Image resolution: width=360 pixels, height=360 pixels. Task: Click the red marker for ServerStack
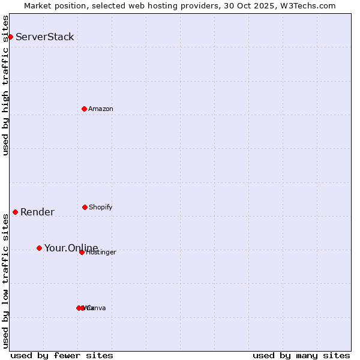(10, 37)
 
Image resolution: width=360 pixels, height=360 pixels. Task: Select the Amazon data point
(84, 109)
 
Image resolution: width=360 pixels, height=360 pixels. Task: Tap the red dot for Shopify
(85, 207)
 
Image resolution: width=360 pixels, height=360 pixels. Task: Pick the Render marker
(15, 212)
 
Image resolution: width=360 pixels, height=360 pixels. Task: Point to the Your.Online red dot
(39, 248)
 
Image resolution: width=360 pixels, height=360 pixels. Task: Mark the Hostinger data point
(82, 252)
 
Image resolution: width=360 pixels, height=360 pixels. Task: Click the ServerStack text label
(45, 37)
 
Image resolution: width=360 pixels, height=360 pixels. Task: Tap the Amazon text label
(101, 109)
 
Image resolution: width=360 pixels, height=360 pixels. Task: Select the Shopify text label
(101, 207)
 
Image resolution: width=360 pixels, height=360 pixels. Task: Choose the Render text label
(37, 212)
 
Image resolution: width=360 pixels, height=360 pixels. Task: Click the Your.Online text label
(71, 248)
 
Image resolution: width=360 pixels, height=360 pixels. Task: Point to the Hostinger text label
(101, 253)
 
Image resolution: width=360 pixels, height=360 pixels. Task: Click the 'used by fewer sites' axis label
(62, 355)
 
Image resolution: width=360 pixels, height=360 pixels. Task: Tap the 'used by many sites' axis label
(301, 355)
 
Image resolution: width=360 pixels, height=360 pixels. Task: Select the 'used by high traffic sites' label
(5, 85)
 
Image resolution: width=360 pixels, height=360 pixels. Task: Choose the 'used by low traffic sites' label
(5, 280)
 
